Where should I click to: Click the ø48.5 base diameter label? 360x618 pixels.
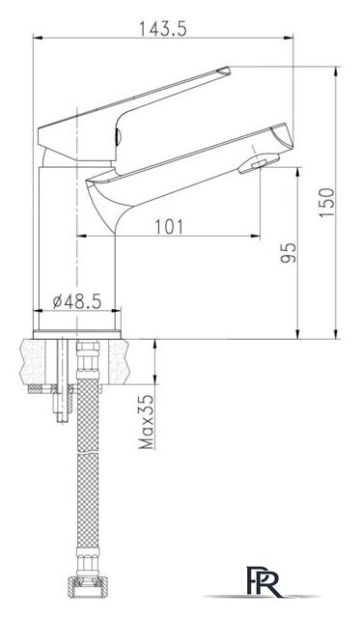[77, 301]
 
